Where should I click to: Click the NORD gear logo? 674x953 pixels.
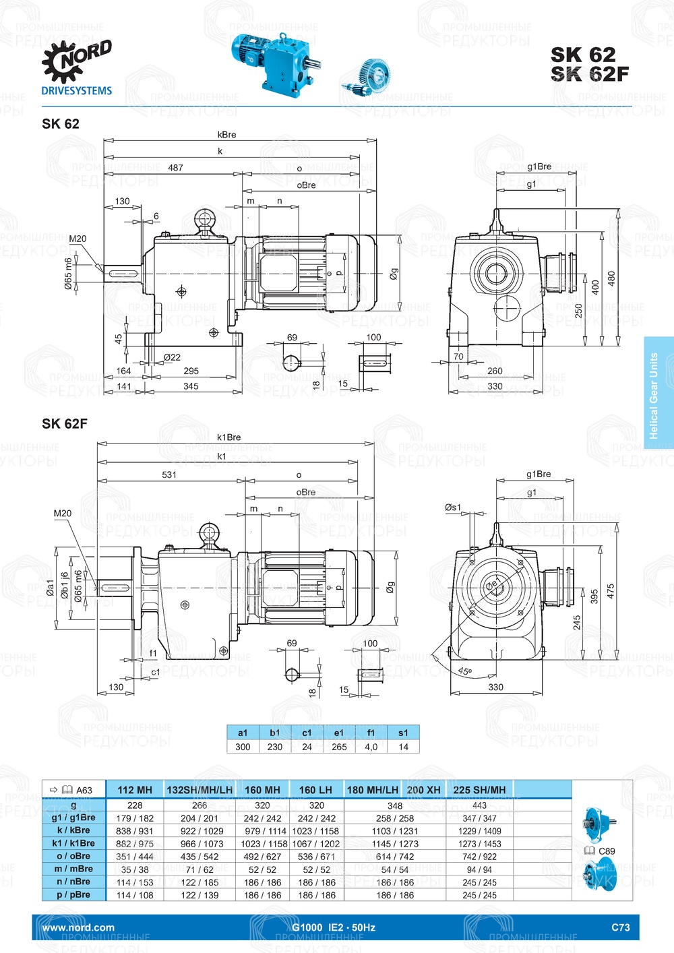75,61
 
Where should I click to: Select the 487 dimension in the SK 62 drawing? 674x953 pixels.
176,168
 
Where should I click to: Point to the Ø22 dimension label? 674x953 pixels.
172,357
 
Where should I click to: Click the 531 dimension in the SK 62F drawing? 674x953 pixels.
169,474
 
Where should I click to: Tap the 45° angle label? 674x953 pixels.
464,671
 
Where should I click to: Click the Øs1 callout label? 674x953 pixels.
453,507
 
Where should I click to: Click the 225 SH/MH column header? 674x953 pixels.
479,790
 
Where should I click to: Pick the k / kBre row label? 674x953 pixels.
73,830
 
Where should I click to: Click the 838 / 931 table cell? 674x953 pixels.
135,831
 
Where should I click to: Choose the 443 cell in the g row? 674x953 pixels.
479,805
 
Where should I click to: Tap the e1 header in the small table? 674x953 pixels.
339,733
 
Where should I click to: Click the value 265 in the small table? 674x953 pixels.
339,747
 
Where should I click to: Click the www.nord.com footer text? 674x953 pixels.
78,927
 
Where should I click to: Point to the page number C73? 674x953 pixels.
620,927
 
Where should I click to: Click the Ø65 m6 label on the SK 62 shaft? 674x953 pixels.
69,274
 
